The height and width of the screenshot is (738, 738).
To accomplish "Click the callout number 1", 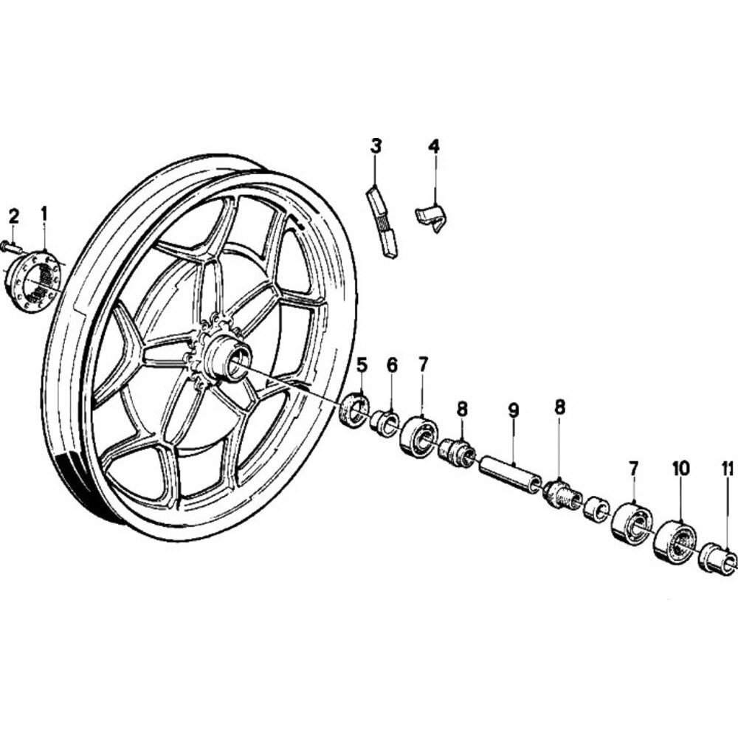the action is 44,214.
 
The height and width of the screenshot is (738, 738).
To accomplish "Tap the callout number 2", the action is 13,217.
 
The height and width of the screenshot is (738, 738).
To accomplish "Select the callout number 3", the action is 376,146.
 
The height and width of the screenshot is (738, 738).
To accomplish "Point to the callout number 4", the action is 434,146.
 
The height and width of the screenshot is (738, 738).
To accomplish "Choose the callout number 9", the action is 514,411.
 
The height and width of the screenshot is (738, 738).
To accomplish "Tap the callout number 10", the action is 680,469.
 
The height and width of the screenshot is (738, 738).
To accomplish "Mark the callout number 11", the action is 728,469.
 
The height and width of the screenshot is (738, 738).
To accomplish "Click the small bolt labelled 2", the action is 13,246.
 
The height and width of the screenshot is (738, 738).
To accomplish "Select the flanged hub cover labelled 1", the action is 34,282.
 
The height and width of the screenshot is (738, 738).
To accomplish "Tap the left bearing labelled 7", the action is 419,435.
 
